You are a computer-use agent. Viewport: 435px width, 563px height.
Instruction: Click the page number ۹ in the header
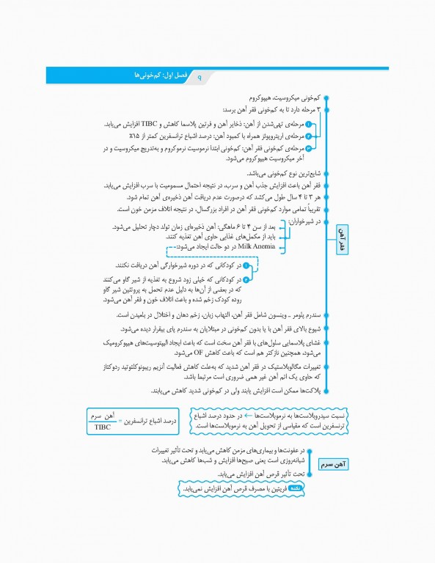tap(199, 76)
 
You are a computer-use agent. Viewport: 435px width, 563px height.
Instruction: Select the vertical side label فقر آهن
tap(341, 239)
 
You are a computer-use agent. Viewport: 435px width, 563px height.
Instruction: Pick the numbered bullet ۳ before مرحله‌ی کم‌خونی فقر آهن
tap(309, 148)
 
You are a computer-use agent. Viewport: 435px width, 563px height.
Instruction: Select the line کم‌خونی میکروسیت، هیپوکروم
tap(282, 97)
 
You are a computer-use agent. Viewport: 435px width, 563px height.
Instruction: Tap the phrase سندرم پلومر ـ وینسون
tap(292, 314)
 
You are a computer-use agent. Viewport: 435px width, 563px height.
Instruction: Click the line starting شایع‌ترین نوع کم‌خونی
tap(279, 174)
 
